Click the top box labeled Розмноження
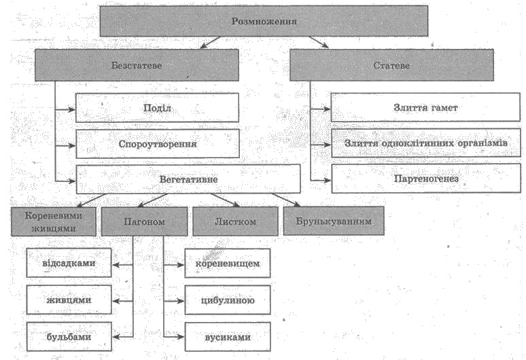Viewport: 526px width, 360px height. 265,22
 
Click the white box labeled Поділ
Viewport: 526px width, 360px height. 157,107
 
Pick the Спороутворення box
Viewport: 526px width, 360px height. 157,143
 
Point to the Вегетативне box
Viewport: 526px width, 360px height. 188,179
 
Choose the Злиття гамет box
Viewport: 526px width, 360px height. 417,107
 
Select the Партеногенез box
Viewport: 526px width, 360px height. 417,179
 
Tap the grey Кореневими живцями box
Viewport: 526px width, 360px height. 53,221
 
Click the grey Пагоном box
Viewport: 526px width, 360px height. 143,221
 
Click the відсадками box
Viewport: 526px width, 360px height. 69,264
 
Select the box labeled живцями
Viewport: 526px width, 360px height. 69,300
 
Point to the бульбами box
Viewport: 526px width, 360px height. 69,336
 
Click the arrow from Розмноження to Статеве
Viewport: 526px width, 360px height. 317,43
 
